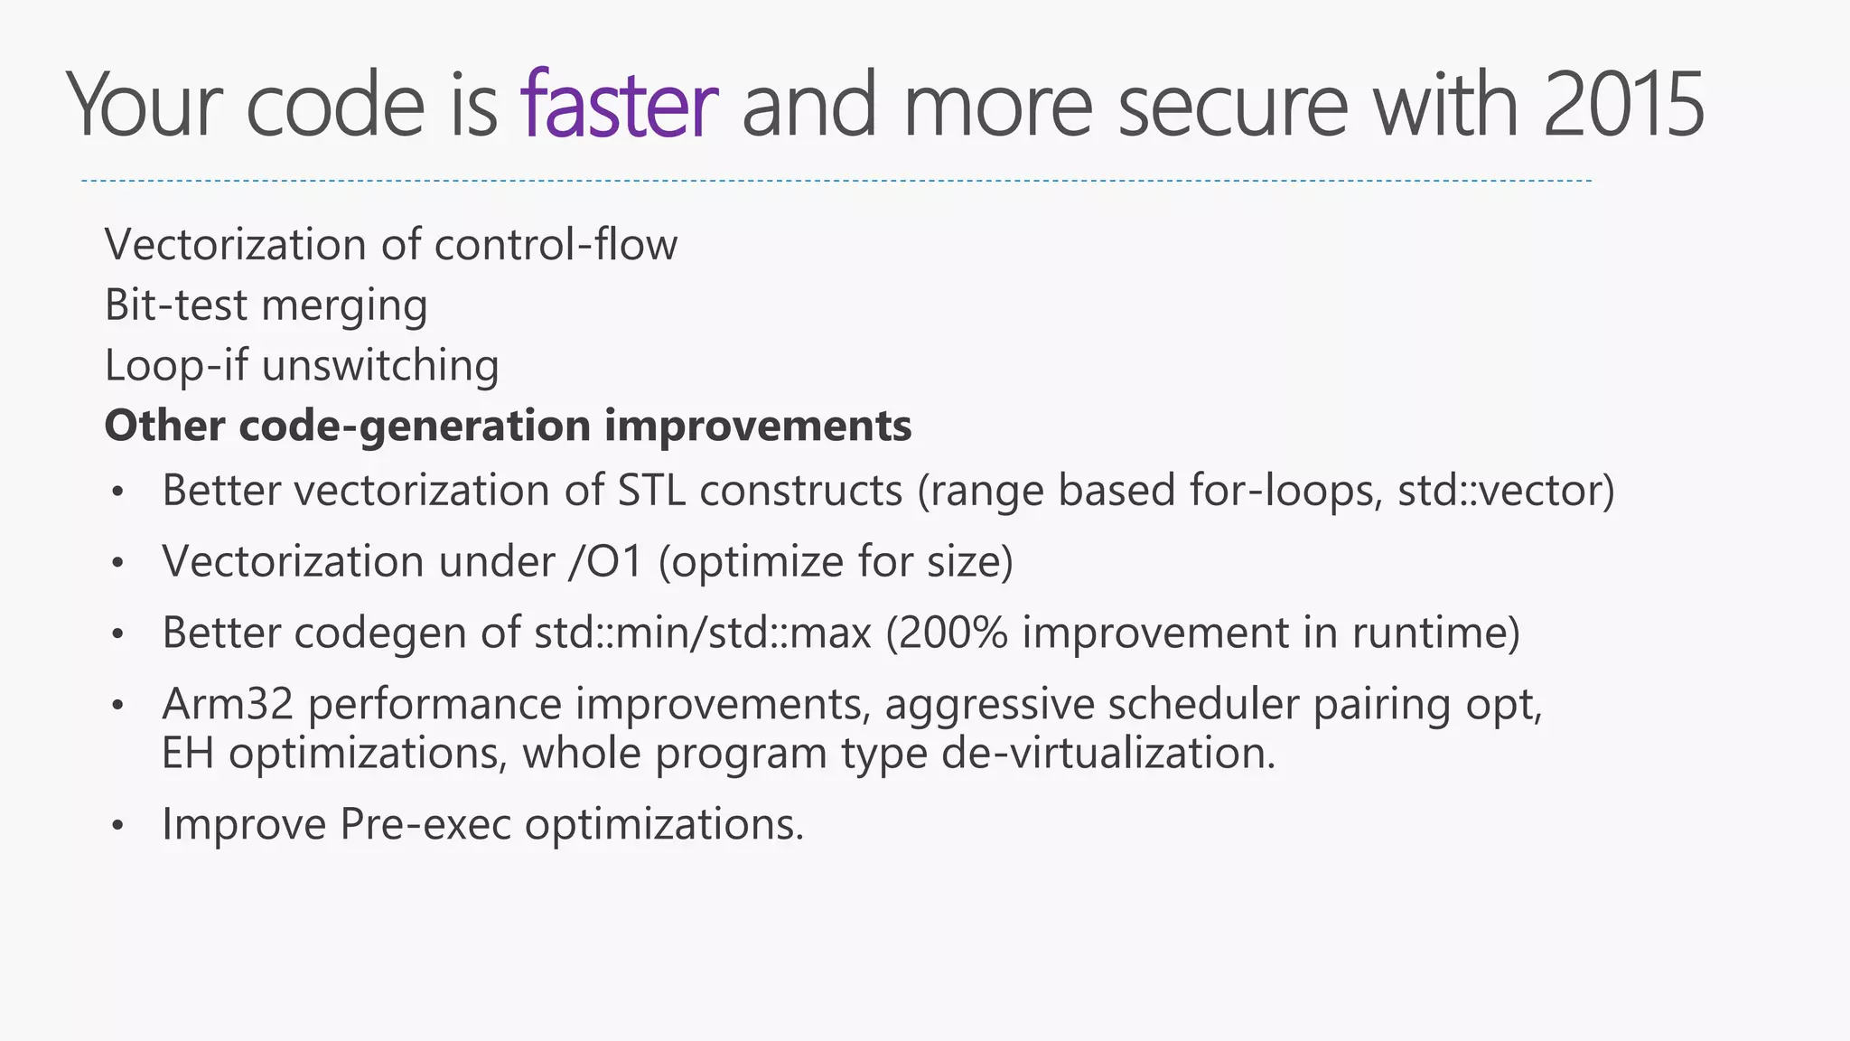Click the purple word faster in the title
pos(619,106)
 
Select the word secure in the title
pos(1232,106)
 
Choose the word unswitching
pos(379,366)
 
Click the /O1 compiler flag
pos(605,562)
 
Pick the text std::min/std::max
pos(703,633)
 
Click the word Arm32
pos(228,704)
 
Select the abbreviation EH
pos(188,753)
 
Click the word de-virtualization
pos(1108,753)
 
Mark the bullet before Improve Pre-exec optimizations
pos(117,825)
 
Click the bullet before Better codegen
pos(117,633)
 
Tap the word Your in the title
pos(145,106)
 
